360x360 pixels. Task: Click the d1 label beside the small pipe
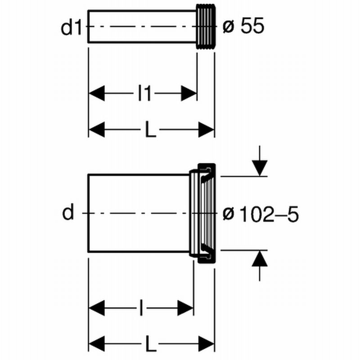tap(71, 27)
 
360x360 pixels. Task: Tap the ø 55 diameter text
tap(243, 27)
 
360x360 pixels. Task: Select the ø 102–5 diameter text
tap(261, 214)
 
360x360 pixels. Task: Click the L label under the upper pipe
tap(151, 130)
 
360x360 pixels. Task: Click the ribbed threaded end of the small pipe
tap(206, 27)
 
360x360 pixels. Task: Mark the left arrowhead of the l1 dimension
tap(97, 94)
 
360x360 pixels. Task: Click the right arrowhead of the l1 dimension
tap(189, 94)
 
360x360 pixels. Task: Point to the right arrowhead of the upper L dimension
tap(206, 130)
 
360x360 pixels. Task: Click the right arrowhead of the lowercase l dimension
tap(185, 309)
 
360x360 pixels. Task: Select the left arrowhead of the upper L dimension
tap(97, 130)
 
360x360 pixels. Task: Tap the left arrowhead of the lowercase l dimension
tap(97, 309)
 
